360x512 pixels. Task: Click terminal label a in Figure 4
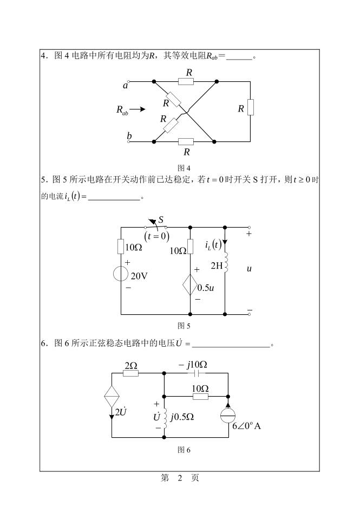coord(125,85)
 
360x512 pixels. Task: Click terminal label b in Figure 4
coord(129,135)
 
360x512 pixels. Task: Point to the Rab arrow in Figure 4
coord(138,109)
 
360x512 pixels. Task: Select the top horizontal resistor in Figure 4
coord(186,82)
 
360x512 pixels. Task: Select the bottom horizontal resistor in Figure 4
coord(186,142)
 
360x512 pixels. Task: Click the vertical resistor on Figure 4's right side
coord(251,107)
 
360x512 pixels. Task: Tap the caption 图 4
coord(185,167)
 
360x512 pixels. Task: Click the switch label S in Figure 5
coord(161,219)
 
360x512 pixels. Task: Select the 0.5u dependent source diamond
coord(190,286)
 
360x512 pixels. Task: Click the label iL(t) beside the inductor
coord(213,245)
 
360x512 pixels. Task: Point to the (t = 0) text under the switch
coord(157,236)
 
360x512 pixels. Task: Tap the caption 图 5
coord(185,326)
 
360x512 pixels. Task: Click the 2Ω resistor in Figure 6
coord(131,373)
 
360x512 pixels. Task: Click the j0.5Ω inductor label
coord(182,417)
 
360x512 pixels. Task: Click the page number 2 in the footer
coord(180,477)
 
